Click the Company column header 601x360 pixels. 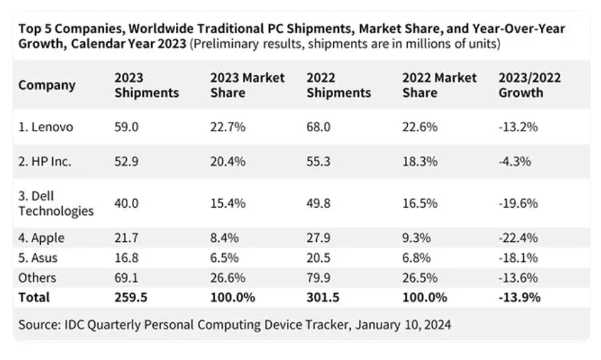click(47, 85)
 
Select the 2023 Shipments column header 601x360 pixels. click(146, 85)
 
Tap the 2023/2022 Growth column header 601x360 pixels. click(530, 85)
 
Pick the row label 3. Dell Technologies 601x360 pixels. click(55, 203)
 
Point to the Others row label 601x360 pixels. click(37, 278)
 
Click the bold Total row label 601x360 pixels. click(34, 297)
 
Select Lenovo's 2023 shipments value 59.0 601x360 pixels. click(127, 127)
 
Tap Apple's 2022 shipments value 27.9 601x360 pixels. click(319, 236)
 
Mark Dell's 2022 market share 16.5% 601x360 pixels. click(419, 203)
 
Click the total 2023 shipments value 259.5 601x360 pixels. click(131, 297)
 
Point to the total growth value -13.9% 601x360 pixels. click(520, 297)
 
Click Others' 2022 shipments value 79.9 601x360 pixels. click(319, 278)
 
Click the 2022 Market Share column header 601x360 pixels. click(439, 85)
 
